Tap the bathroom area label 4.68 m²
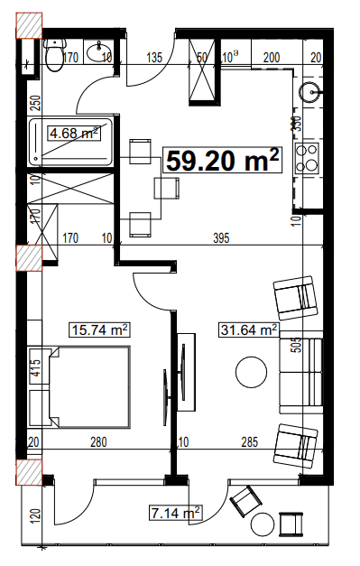[74, 134]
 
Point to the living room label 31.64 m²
[247, 330]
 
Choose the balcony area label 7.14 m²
[174, 514]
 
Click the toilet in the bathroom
[55, 57]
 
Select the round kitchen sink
[310, 90]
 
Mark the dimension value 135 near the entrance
[153, 58]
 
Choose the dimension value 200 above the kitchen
[270, 58]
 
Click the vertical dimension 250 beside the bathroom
[35, 105]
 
